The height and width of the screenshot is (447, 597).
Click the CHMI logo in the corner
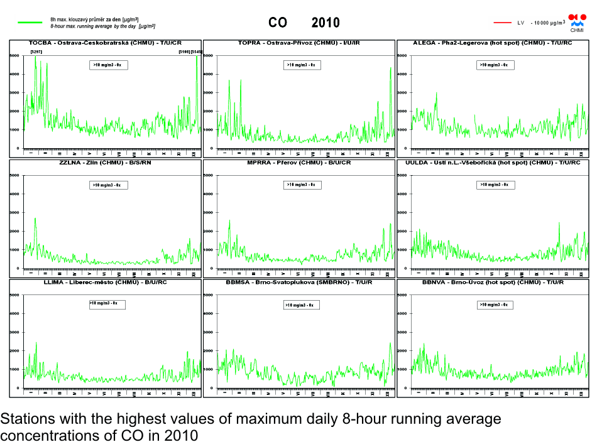576,23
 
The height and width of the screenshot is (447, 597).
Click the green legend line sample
30,23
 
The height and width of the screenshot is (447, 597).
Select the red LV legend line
503,23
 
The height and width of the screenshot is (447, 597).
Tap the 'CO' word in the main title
278,23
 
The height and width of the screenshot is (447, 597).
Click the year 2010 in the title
326,23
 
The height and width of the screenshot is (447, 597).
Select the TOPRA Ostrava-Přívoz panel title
298,43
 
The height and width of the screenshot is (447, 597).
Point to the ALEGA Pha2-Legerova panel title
492,43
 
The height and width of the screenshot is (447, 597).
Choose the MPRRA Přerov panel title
298,163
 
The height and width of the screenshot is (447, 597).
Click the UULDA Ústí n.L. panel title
492,163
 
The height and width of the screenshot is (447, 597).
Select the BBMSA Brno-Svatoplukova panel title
298,283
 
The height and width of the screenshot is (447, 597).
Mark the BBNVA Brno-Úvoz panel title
492,283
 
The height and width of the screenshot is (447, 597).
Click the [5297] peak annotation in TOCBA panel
36,51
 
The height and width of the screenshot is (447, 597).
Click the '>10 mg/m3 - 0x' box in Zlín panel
108,185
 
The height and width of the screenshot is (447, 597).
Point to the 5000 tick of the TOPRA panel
210,56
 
